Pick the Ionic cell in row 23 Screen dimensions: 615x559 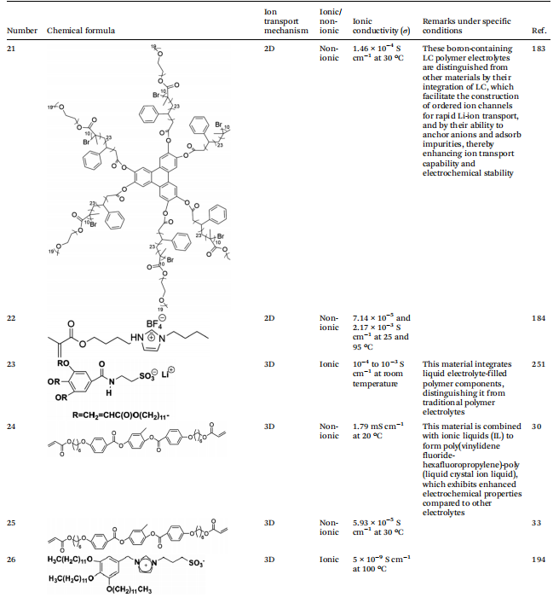pyautogui.click(x=328, y=364)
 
